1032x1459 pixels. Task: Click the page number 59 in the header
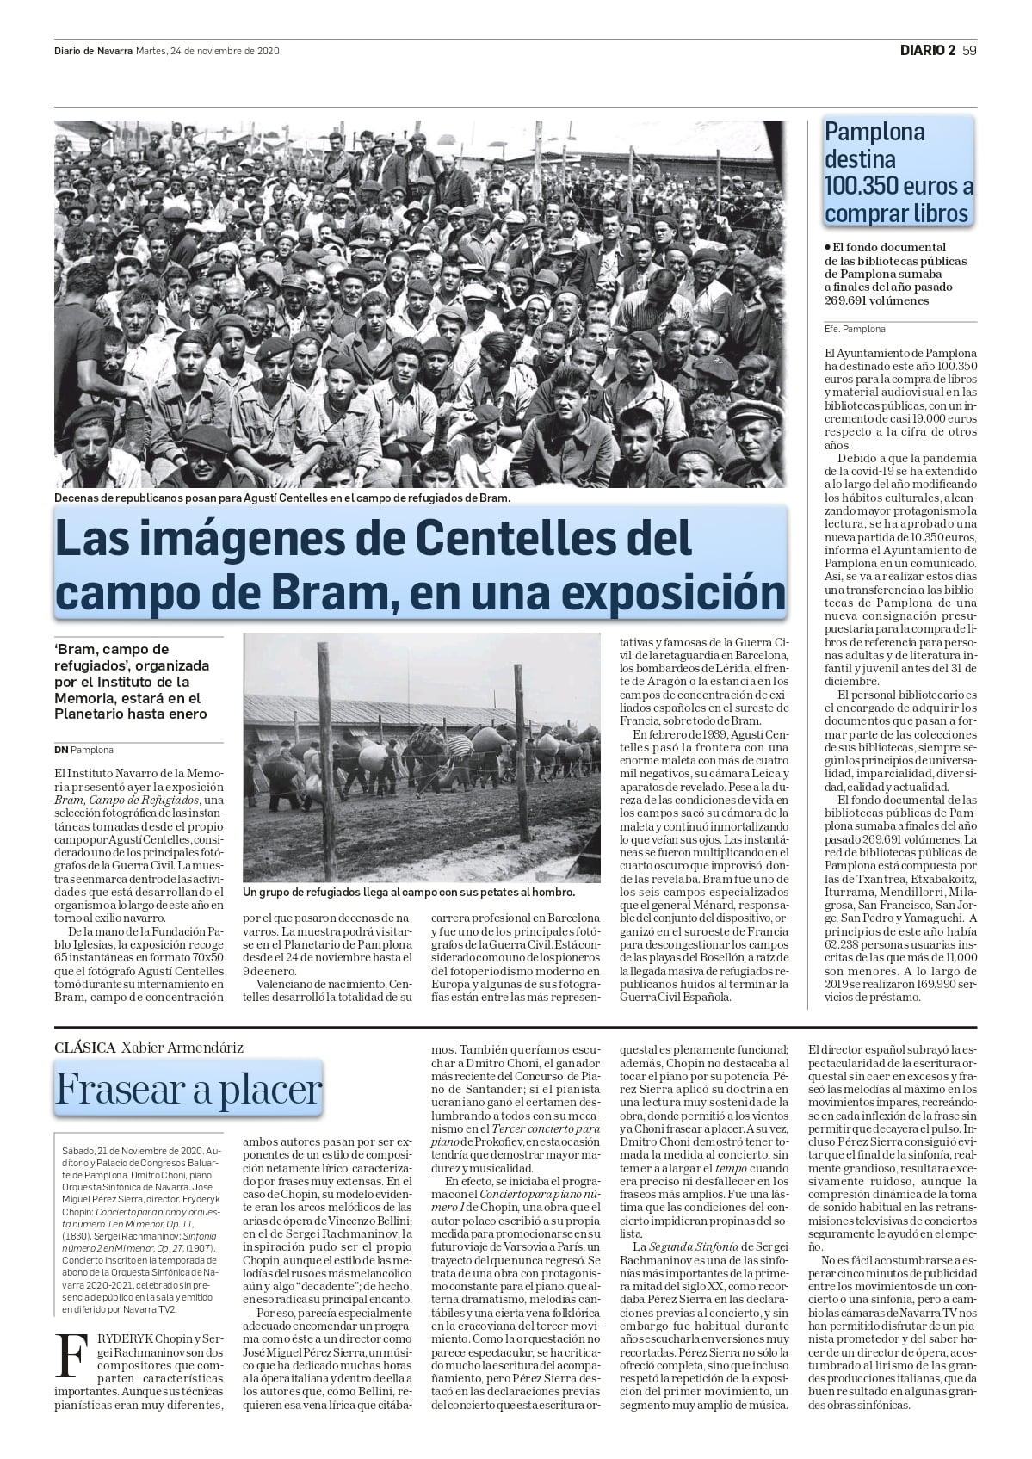click(969, 50)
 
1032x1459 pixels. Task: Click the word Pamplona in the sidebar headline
click(874, 132)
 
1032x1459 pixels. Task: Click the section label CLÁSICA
click(84, 1048)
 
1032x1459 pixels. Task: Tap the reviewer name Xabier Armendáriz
click(182, 1048)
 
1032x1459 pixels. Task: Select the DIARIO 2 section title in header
click(927, 50)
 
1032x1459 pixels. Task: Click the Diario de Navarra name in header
click(93, 51)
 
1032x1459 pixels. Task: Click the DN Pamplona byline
click(83, 750)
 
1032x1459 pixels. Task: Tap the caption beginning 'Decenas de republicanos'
click(282, 498)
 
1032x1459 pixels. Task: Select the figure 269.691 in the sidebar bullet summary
click(850, 300)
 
